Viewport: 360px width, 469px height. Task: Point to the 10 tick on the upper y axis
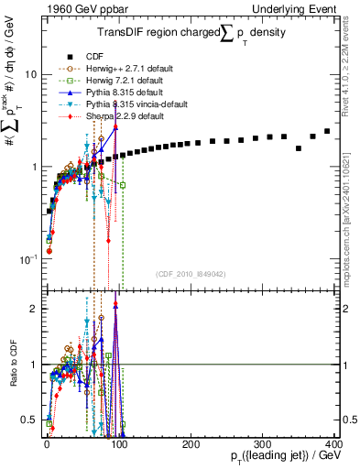(x=30, y=74)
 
